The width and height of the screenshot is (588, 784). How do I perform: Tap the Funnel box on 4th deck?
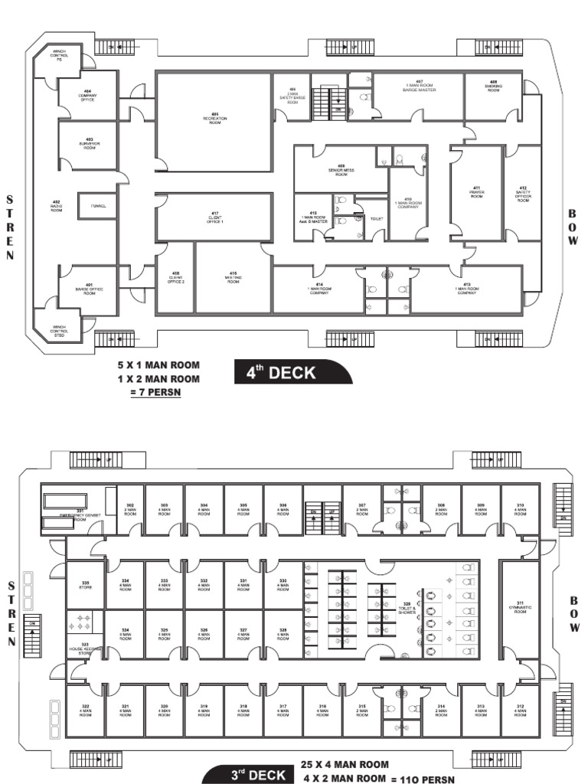pos(98,206)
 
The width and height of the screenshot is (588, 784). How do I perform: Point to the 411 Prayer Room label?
pos(475,191)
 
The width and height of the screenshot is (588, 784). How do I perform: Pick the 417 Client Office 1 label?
pos(214,217)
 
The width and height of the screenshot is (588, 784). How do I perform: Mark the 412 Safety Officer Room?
pos(523,192)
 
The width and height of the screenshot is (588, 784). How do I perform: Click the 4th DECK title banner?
pos(292,373)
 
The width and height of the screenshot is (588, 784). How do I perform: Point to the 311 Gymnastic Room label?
pos(519,609)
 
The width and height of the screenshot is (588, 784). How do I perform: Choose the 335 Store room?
pos(85,586)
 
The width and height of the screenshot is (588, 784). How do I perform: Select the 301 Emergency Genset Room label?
pos(79,516)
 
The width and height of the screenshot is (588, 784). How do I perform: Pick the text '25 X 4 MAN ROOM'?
pos(345,764)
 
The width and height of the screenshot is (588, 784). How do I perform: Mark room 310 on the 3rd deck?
pos(520,508)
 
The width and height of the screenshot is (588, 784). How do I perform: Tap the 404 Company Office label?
pos(88,95)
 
